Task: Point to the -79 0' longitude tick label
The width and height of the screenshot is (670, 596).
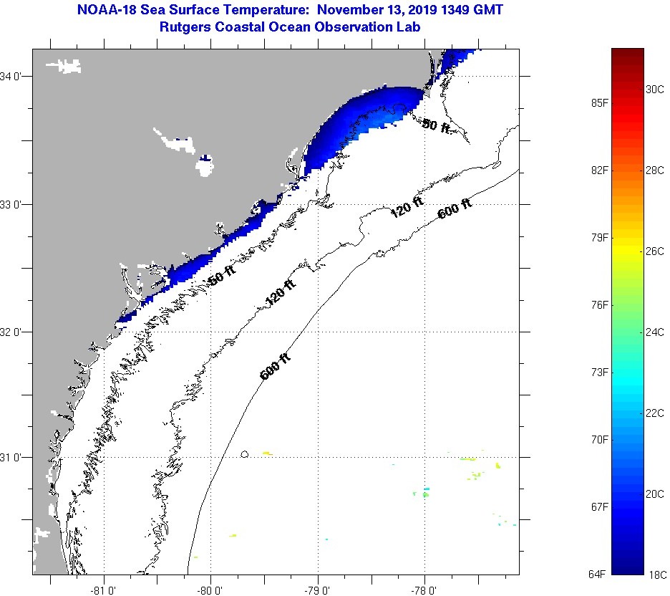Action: pyautogui.click(x=317, y=590)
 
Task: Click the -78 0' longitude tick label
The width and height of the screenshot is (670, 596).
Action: pyautogui.click(x=424, y=590)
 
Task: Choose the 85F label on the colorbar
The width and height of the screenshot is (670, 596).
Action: pyautogui.click(x=599, y=103)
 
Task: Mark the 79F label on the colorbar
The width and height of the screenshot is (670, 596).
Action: pyautogui.click(x=599, y=238)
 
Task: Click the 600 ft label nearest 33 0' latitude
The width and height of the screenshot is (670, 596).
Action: pyautogui.click(x=455, y=208)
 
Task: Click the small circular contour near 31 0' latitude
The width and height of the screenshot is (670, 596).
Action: pyautogui.click(x=245, y=454)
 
